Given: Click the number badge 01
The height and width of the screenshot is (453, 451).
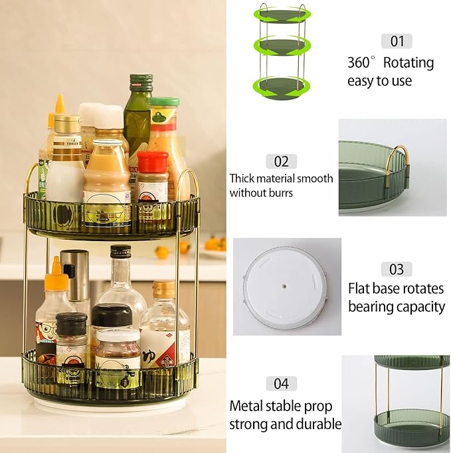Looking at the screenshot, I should tap(397, 41).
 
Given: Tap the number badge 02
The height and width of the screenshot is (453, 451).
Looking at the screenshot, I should tap(281, 161).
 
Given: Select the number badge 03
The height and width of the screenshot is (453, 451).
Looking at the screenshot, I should tap(397, 269).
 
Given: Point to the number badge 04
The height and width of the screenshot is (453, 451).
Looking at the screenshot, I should tap(281, 383).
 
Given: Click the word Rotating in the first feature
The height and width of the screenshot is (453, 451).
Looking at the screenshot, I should tap(408, 63).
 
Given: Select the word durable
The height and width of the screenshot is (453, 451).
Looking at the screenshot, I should tap(317, 424).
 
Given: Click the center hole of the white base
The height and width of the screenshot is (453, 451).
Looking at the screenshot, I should tap(284, 287).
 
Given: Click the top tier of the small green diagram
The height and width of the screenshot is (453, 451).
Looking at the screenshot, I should tap(282, 15).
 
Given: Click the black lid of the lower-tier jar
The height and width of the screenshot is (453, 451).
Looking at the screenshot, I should tap(110, 314).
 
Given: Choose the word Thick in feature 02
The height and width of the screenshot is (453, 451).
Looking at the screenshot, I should tap(243, 179).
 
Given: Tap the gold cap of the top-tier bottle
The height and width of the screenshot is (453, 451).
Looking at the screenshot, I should tap(67, 123).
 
